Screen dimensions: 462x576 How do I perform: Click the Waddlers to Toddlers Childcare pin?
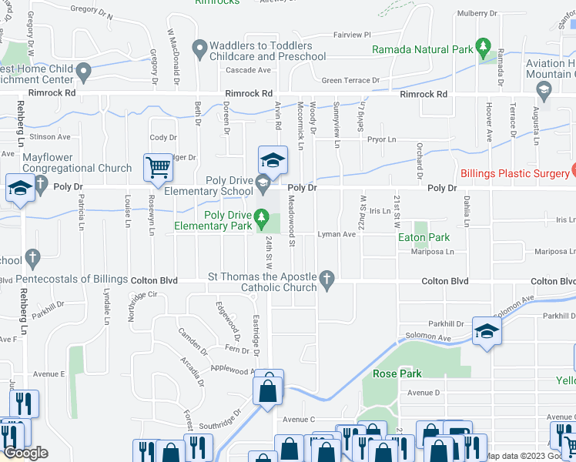point(199,50)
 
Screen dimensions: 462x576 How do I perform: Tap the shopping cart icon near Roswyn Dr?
point(158,167)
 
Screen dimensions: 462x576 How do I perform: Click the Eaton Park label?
point(424,238)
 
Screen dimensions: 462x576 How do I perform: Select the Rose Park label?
point(397,373)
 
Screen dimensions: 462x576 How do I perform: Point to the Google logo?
point(25,453)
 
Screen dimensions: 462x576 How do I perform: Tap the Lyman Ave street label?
point(337,234)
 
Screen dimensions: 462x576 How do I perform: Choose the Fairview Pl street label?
point(352,35)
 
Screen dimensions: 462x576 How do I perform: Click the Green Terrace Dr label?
point(350,80)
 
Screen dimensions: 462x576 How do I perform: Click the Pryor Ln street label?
point(381,139)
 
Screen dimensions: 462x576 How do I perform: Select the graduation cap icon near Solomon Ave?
point(487,331)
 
